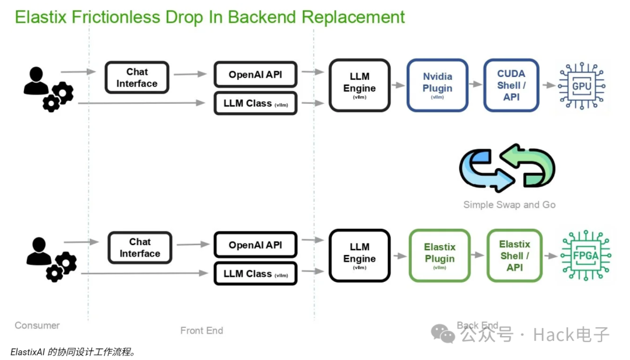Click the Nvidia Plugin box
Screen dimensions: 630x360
[437, 85]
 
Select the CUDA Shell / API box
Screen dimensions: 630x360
[511, 85]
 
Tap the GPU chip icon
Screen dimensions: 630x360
[582, 86]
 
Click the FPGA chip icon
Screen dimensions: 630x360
[586, 255]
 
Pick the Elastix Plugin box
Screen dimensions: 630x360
[440, 256]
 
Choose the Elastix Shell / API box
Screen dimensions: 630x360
[514, 256]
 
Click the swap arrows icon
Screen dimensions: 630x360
[507, 167]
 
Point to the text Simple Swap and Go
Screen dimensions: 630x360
[509, 205]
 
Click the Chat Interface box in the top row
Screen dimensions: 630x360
[136, 78]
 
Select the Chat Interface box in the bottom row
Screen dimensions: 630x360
[140, 247]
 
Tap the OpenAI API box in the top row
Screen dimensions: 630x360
[256, 74]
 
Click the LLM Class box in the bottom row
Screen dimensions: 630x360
[256, 274]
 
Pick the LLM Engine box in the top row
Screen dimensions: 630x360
[359, 85]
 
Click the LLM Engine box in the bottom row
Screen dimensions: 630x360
[359, 256]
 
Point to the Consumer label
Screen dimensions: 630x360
[37, 325]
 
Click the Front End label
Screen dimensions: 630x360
[201, 330]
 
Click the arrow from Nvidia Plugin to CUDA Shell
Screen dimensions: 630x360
[476, 84]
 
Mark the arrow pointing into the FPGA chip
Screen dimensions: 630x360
[551, 256]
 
